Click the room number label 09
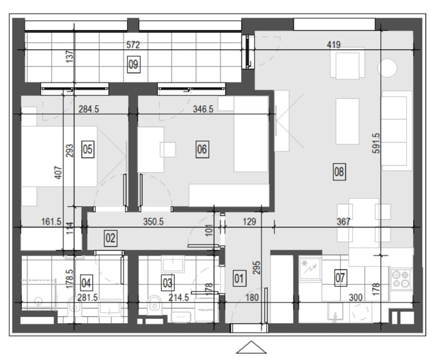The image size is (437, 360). (134, 64)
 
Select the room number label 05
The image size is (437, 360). (88, 149)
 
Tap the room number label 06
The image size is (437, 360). (202, 149)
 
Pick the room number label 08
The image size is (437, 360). (339, 171)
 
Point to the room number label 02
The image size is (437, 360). (111, 238)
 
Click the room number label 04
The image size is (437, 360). (86, 283)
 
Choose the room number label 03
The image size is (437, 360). (168, 283)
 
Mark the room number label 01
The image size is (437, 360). (239, 278)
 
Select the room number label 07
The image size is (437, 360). (340, 278)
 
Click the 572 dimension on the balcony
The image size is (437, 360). (133, 44)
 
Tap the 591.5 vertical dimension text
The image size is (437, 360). (376, 143)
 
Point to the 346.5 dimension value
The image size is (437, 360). (203, 109)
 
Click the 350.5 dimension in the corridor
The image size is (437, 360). (153, 222)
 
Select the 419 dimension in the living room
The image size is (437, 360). (334, 44)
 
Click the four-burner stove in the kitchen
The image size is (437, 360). (401, 279)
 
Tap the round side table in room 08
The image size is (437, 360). (387, 68)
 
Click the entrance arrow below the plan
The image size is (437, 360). (251, 348)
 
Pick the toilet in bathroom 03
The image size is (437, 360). (154, 304)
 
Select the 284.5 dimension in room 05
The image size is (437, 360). (89, 109)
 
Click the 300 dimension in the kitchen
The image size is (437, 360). (356, 298)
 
